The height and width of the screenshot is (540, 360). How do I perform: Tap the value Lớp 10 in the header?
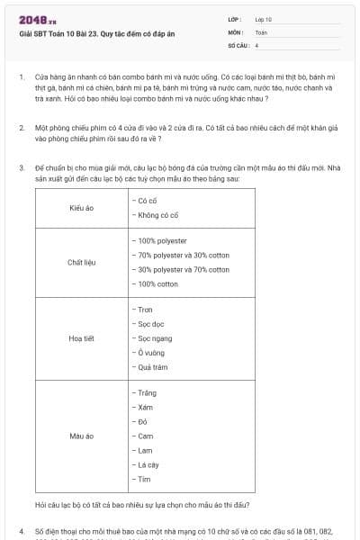pyautogui.click(x=264, y=19)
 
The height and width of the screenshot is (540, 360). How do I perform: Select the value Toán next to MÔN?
pyautogui.click(x=261, y=31)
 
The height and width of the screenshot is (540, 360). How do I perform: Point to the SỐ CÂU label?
pyautogui.click(x=237, y=44)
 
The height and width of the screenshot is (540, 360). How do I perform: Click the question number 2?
pyautogui.click(x=21, y=129)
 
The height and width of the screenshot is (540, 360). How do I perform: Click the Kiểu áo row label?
pyautogui.click(x=82, y=208)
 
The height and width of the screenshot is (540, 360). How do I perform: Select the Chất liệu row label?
pyautogui.click(x=82, y=263)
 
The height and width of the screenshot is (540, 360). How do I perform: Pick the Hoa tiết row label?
pyautogui.click(x=82, y=338)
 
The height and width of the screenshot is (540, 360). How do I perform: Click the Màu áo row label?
pyautogui.click(x=82, y=436)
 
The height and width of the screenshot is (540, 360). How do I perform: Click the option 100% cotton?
pyautogui.click(x=156, y=284)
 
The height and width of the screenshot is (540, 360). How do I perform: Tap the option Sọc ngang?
pyautogui.click(x=154, y=338)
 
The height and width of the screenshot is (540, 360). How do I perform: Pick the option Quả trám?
pyautogui.click(x=152, y=367)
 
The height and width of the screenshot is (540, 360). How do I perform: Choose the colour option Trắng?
pyautogui.click(x=147, y=393)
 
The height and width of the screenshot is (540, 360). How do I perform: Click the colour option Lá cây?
pyautogui.click(x=147, y=464)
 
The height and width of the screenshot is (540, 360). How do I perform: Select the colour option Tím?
pyautogui.click(x=145, y=479)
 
